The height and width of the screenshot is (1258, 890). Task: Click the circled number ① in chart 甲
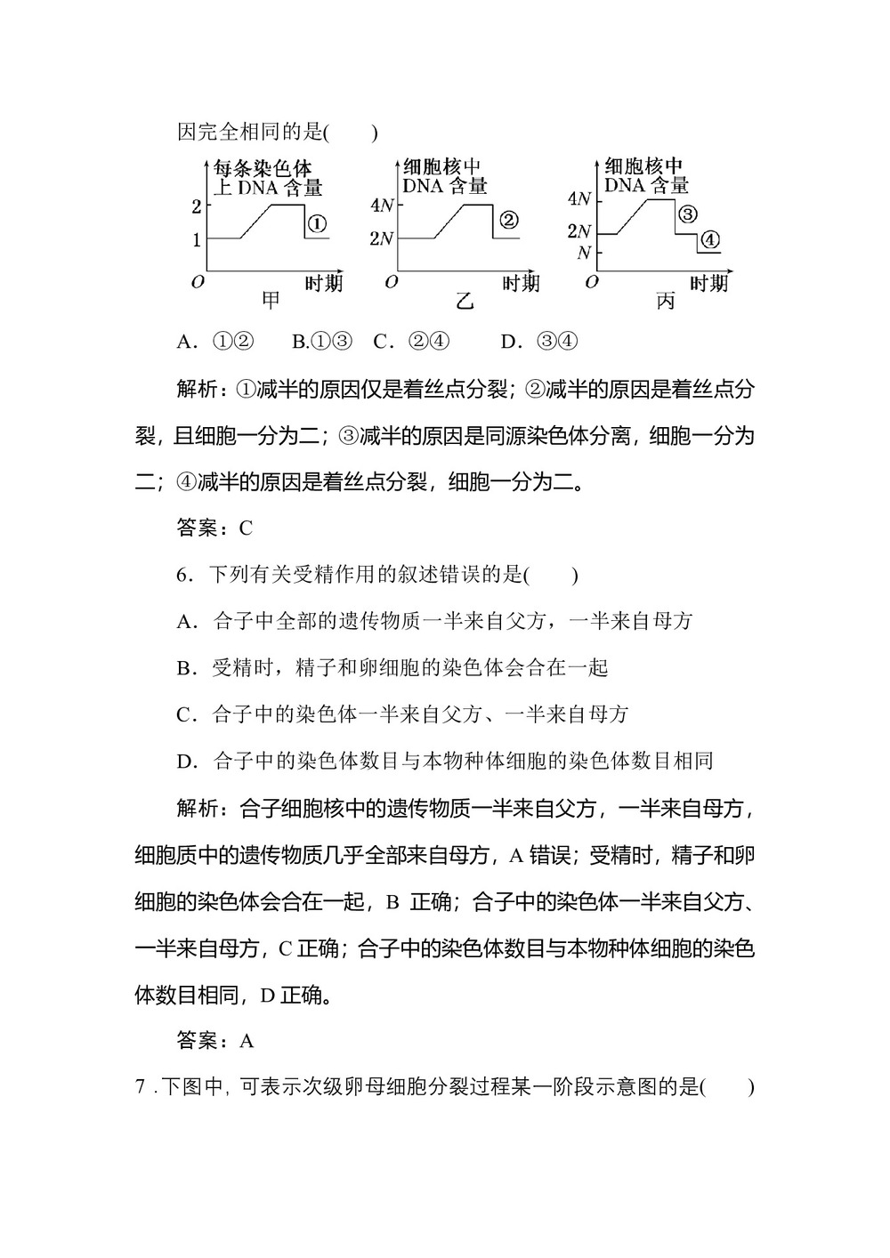pos(318,223)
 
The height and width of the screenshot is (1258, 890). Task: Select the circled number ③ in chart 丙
pos(687,214)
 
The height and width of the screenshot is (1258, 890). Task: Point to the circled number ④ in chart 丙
pos(709,240)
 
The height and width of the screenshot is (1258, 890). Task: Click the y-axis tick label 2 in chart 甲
pos(196,206)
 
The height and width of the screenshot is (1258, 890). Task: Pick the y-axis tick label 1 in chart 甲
pos(196,239)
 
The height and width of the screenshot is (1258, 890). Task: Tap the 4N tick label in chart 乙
pos(382,206)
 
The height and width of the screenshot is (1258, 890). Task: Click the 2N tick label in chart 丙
pos(578,232)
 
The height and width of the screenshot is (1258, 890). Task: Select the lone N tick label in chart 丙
pos(584,253)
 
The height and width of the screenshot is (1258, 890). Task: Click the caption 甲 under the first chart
pos(271,301)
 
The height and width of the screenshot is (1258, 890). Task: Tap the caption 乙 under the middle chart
pos(465,302)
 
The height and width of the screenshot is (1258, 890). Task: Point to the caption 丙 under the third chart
pos(665,302)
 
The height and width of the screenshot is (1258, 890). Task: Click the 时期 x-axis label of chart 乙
pos(521,284)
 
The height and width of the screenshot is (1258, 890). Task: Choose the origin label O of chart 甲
pos(198,283)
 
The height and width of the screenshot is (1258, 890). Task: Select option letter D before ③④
pos(509,342)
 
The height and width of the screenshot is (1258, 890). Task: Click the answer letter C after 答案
pos(247,528)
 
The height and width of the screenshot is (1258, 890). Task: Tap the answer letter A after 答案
pos(247,1041)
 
